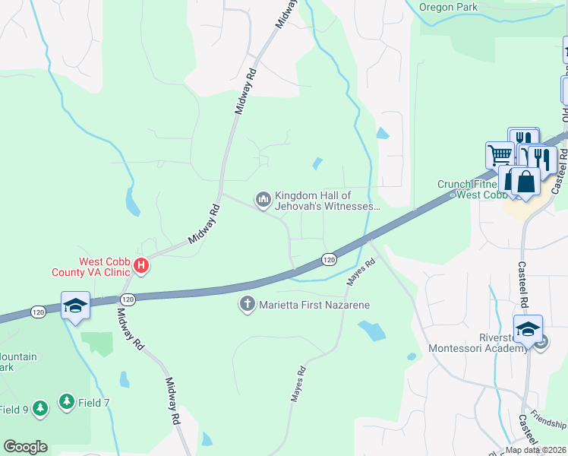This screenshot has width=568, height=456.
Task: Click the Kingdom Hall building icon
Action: click(263, 200)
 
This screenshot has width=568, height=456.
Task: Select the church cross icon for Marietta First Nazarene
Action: click(247, 305)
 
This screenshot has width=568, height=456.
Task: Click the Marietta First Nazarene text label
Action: click(313, 306)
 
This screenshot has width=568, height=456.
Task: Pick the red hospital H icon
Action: click(140, 265)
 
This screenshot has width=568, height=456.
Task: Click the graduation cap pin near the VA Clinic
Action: click(76, 306)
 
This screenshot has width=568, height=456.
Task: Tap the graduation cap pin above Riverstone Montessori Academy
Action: click(527, 329)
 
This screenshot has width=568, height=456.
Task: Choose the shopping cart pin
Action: click(500, 154)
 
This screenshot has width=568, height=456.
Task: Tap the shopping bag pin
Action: click(525, 182)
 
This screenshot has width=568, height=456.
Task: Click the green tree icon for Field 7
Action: click(67, 401)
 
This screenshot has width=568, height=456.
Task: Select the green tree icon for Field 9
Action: click(39, 409)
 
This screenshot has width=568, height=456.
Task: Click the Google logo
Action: click(25, 447)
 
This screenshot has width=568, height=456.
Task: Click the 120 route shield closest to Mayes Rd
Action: click(328, 260)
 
